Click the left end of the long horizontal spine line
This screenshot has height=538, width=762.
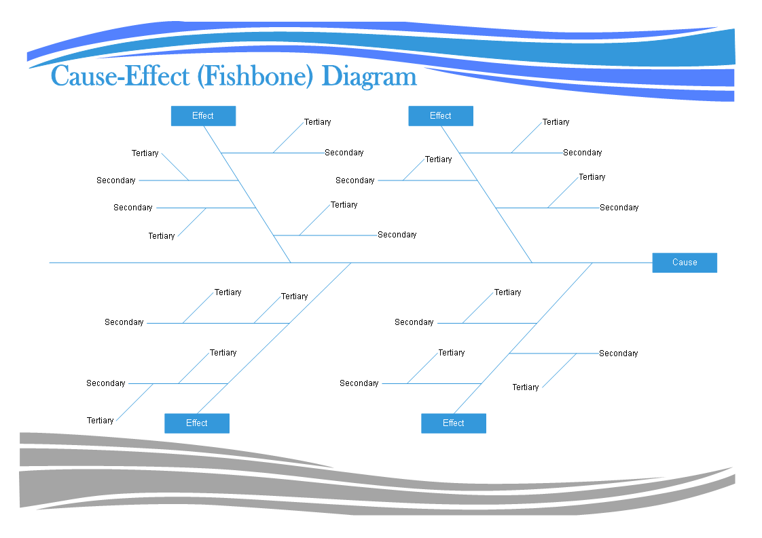tap(50, 263)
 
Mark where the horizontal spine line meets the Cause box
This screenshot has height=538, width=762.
tap(653, 263)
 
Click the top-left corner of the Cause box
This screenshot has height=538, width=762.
tap(653, 253)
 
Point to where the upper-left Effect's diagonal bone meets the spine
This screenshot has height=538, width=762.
tap(291, 263)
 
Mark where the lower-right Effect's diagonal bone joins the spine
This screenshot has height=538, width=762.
tap(592, 263)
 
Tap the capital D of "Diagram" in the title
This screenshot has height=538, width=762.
tap(331, 77)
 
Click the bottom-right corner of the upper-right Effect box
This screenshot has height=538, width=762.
tap(473, 126)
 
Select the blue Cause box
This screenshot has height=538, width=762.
tap(685, 263)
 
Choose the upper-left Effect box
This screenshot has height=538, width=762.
tap(203, 116)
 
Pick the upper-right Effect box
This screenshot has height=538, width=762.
tap(441, 116)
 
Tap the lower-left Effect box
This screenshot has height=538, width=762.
tap(197, 423)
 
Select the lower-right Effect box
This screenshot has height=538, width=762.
tap(454, 423)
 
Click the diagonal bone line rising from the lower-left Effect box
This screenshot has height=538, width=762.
tap(274, 339)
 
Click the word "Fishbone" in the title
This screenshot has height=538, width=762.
tap(255, 77)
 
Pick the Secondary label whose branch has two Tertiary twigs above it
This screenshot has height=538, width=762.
tap(124, 322)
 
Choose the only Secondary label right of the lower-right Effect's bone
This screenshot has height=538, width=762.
tap(618, 353)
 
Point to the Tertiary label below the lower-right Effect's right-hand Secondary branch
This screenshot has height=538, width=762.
tap(526, 387)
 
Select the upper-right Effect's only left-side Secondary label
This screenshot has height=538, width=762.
tap(355, 180)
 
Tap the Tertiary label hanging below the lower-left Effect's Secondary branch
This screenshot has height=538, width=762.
tap(100, 421)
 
